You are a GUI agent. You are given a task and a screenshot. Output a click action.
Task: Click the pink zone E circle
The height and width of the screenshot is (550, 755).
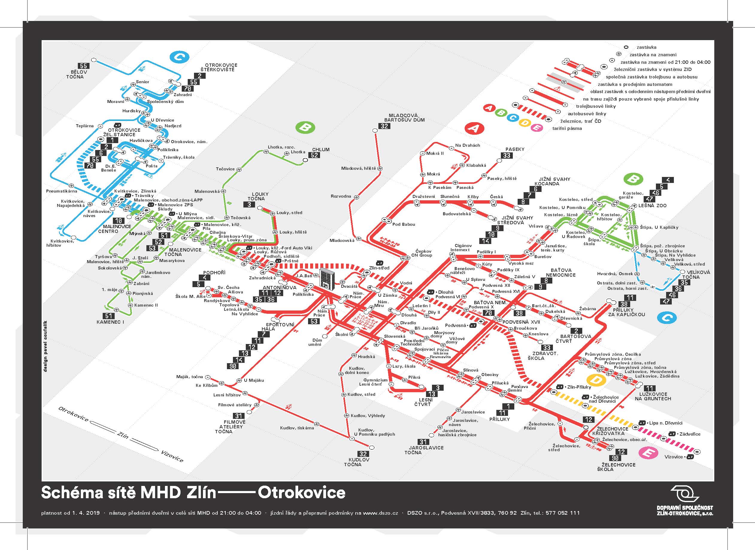point(648,453)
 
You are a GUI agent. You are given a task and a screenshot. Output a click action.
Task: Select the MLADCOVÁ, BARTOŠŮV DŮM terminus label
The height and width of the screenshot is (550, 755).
point(404,118)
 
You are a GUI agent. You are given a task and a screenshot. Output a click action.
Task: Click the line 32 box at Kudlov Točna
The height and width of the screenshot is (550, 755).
point(363,454)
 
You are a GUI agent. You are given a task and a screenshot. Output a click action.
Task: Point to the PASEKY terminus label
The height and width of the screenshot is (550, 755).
point(515,149)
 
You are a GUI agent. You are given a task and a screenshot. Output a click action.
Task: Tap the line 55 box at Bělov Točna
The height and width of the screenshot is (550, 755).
point(83,66)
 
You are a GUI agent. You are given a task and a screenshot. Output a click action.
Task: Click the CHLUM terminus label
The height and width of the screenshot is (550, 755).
point(321,149)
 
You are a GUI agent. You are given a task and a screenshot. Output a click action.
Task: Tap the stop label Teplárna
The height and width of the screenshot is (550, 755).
point(84,126)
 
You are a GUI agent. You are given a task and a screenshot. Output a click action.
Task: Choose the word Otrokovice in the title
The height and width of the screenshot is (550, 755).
point(301,493)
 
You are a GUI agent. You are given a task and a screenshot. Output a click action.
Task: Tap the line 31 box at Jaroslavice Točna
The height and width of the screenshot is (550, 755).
point(423,442)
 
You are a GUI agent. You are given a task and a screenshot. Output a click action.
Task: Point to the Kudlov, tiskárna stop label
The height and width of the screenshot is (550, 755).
point(297,428)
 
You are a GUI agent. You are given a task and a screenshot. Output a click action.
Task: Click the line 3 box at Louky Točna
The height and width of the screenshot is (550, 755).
point(250,204)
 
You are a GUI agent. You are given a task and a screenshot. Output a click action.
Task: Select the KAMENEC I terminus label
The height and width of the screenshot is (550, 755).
point(110,322)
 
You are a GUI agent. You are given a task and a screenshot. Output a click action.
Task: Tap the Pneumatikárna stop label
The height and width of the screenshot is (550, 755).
point(61,191)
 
